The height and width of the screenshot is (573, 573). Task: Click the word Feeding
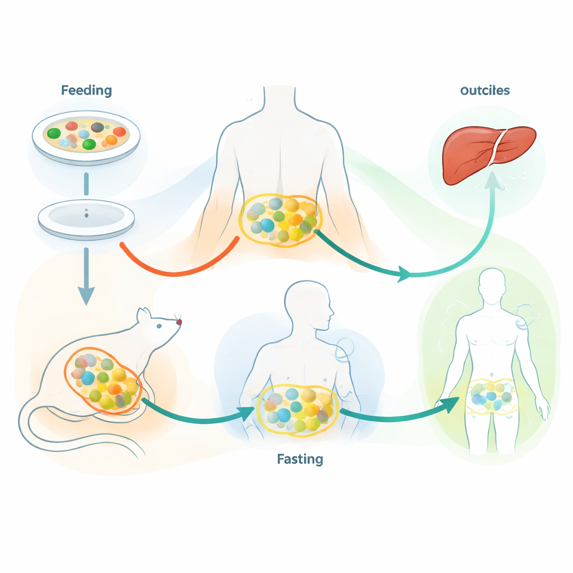[86, 90]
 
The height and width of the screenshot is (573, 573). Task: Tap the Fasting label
[300, 459]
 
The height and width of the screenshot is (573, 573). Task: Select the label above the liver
[485, 90]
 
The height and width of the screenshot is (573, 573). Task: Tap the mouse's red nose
[179, 322]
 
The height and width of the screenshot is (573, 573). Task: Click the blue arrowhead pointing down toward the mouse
[86, 294]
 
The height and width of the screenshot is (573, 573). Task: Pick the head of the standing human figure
[492, 286]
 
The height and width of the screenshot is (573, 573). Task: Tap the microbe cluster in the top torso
[280, 219]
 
